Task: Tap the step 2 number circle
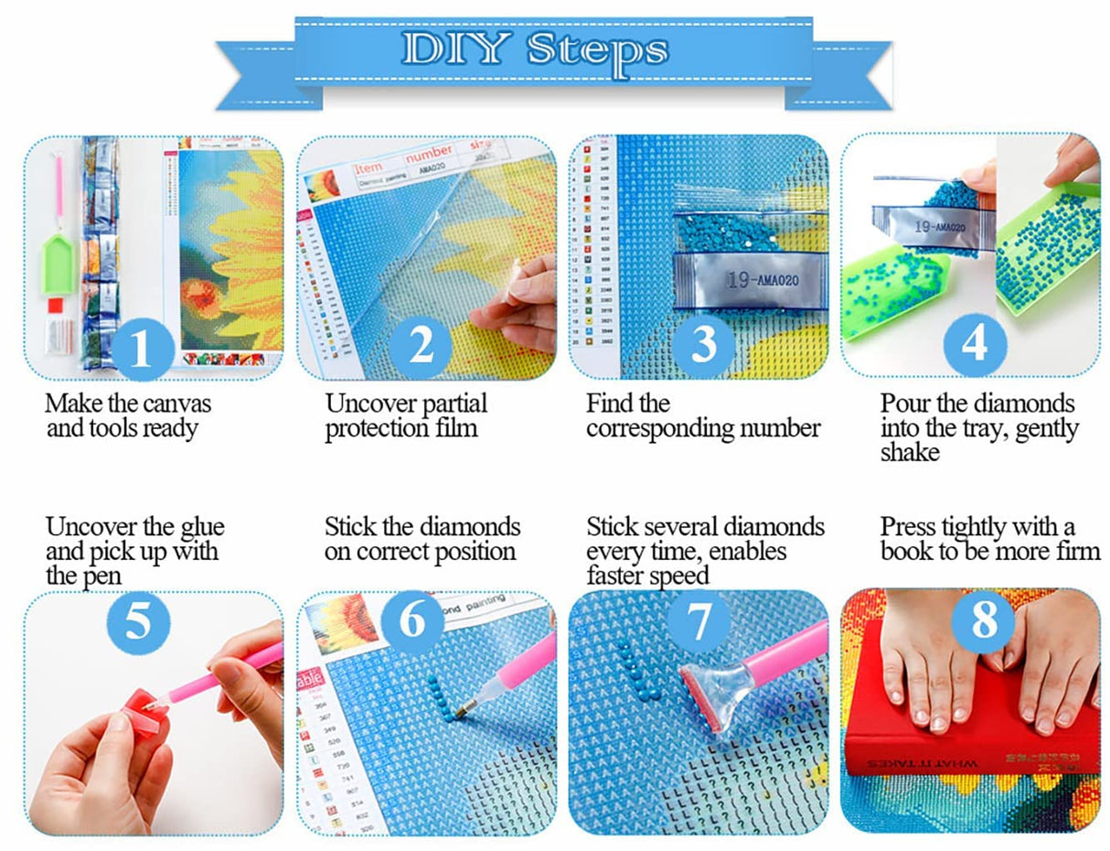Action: pyautogui.click(x=421, y=345)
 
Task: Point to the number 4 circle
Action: pyautogui.click(x=975, y=345)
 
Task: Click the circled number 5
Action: pyautogui.click(x=138, y=622)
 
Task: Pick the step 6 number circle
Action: pyautogui.click(x=413, y=622)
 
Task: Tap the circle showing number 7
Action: pyautogui.click(x=699, y=622)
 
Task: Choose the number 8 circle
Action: pyautogui.click(x=983, y=622)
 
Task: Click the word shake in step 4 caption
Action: pyautogui.click(x=910, y=452)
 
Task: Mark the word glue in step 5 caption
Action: pyautogui.click(x=196, y=528)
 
